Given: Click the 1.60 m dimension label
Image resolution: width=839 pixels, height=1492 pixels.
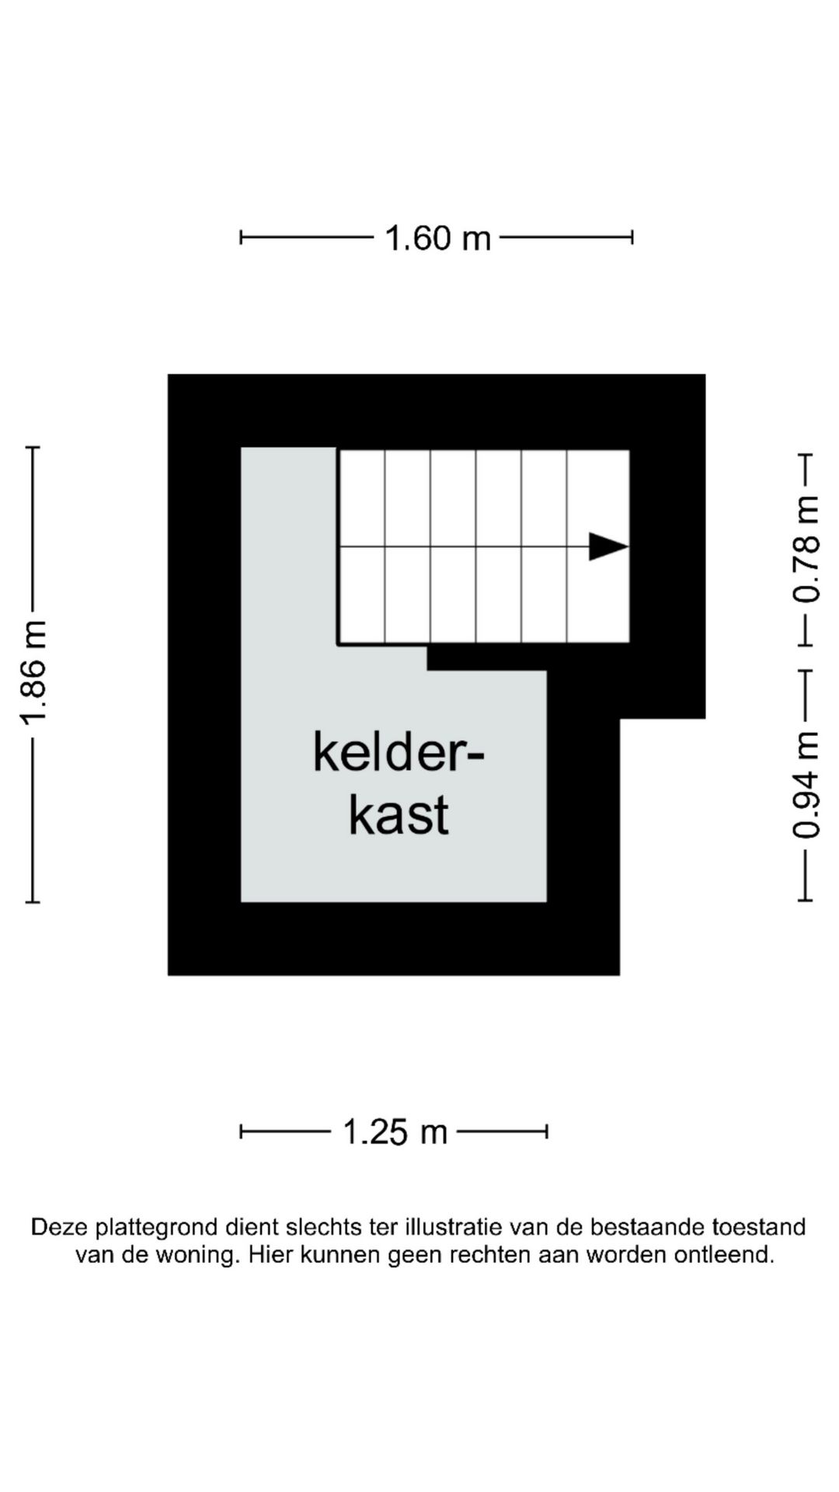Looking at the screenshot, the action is click(438, 238).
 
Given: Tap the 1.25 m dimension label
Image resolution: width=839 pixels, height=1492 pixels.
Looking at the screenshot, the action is click(395, 1131).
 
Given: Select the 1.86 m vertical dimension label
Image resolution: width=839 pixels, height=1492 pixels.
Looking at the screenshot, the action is click(34, 674).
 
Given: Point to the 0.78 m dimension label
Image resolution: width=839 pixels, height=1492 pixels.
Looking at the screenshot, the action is click(806, 549).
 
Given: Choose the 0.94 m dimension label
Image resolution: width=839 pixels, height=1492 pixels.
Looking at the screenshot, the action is click(806, 785).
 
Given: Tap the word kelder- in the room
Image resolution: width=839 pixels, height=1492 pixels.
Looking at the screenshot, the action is click(399, 751).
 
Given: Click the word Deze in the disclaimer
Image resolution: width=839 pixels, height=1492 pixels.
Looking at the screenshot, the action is click(59, 1228).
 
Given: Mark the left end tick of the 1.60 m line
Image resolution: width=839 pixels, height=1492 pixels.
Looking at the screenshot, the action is click(241, 237).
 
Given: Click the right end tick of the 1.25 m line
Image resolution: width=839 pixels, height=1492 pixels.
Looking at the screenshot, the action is click(547, 1131).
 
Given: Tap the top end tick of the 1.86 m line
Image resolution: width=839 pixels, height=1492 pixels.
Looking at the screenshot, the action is click(33, 448).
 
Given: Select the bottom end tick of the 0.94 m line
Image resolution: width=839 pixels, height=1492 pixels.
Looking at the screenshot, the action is click(806, 901).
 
